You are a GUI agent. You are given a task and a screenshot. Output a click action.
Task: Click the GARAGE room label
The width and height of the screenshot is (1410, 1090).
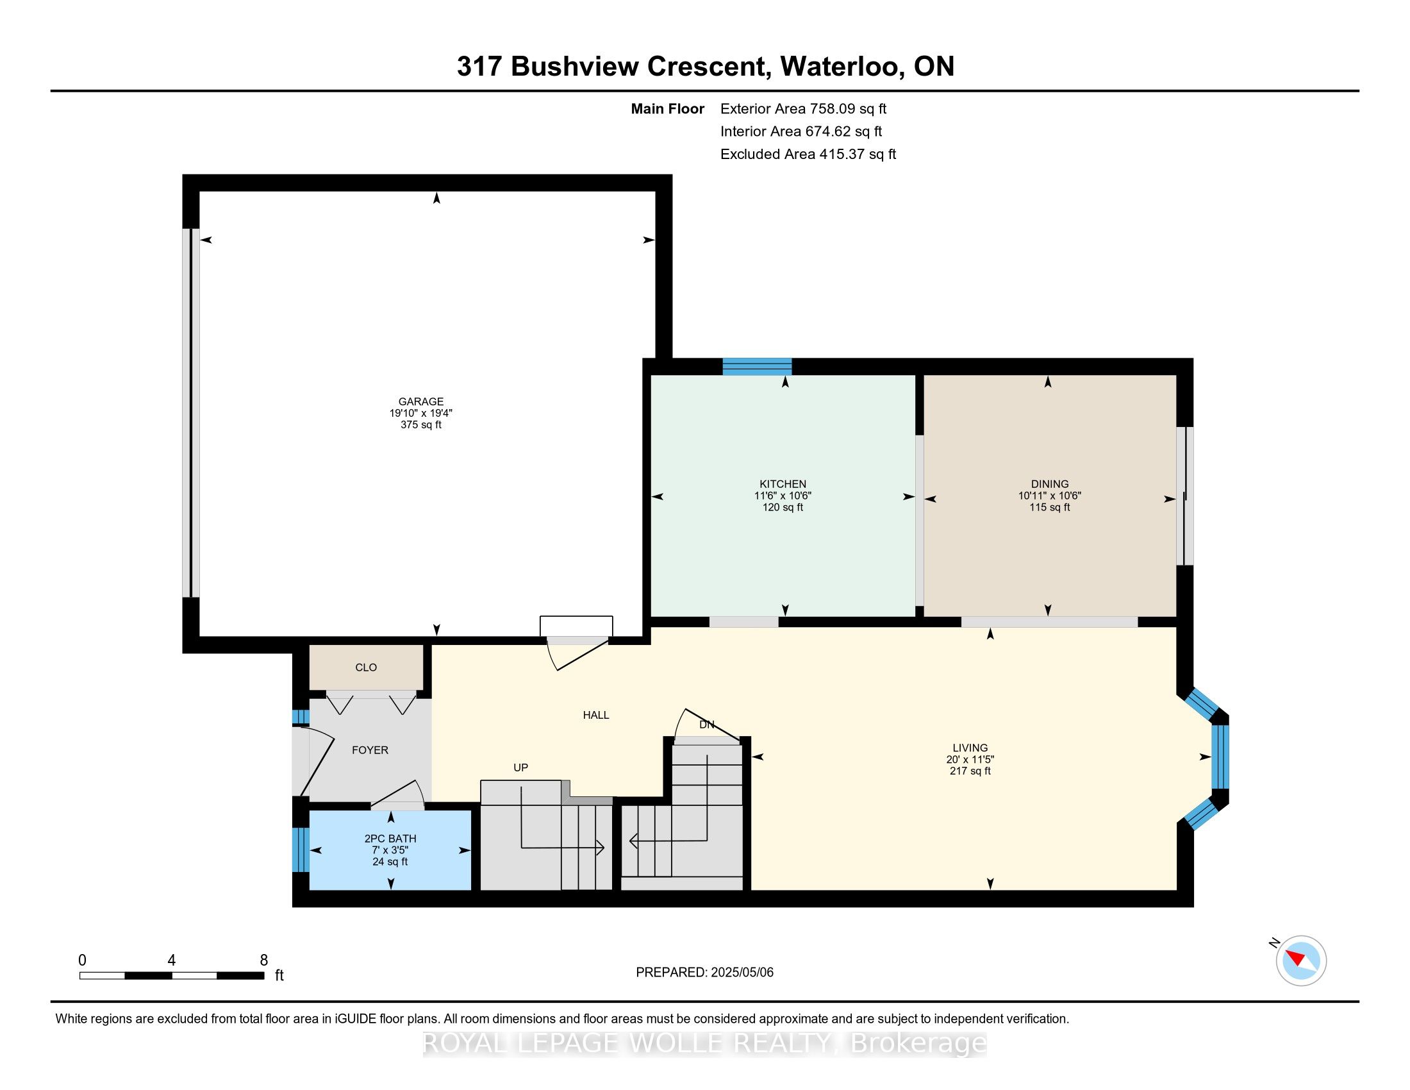coord(421,401)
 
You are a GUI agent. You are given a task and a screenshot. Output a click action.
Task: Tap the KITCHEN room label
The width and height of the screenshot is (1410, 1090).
coord(783,483)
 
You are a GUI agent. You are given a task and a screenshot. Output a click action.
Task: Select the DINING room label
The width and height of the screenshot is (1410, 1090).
coord(1050,483)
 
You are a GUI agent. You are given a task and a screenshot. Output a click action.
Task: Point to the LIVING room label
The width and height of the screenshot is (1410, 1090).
coord(970,748)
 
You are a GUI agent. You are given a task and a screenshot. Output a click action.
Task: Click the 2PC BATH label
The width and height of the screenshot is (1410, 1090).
coord(390,838)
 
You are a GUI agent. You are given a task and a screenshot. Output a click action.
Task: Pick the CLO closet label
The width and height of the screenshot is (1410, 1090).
coord(366,667)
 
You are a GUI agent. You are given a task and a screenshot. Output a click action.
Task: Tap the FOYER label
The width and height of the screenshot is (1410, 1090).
coord(370,750)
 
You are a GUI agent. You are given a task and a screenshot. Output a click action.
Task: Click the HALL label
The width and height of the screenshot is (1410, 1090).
coord(596,715)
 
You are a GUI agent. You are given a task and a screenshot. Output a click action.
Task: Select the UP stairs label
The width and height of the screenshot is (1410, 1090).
coord(520,767)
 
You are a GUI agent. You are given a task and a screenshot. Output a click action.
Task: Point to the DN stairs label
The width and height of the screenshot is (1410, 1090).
coord(707,725)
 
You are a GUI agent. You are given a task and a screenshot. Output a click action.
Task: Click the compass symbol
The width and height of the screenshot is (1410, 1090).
coord(1300,960)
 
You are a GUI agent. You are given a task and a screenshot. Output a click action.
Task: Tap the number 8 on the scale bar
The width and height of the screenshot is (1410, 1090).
coord(263,960)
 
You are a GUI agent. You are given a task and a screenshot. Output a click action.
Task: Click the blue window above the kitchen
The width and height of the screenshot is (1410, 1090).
coord(757,366)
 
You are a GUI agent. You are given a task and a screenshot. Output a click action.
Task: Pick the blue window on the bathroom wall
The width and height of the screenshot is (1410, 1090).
coord(301,850)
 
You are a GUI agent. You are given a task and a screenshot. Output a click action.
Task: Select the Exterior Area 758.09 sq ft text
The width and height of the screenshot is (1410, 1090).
coord(803,108)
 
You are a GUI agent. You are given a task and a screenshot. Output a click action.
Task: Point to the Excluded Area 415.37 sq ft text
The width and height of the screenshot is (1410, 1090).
coord(808,154)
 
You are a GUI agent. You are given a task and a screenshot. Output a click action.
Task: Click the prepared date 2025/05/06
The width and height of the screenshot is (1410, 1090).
coord(741,972)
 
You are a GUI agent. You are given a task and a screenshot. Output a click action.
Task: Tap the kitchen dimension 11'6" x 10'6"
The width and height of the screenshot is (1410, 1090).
coord(783,496)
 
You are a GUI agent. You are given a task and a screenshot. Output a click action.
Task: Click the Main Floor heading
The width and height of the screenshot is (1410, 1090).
coord(668,108)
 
